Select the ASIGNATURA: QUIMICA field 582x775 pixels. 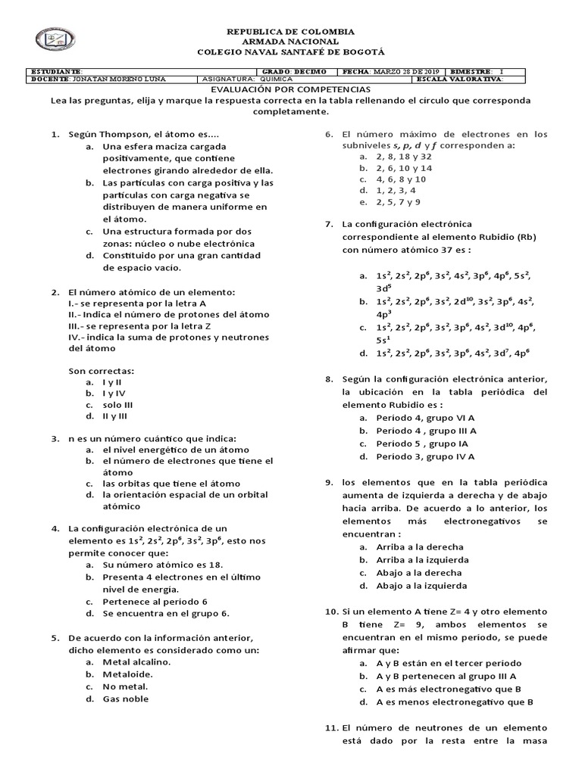click(249, 79)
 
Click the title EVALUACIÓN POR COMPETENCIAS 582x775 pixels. click(290, 89)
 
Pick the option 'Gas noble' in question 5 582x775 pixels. click(126, 699)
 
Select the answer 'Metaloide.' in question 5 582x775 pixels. click(128, 674)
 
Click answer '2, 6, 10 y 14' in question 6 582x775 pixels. click(404, 167)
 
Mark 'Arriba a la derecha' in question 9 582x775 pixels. click(420, 546)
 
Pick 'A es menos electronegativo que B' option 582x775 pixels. click(455, 702)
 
